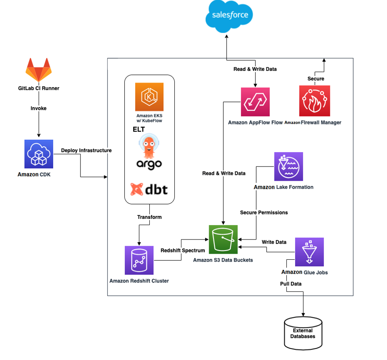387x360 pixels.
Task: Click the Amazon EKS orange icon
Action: tap(149, 96)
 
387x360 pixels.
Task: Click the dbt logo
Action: tap(149, 190)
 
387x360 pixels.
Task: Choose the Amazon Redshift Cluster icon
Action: tap(139, 260)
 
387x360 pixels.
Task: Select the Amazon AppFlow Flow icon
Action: tap(255, 102)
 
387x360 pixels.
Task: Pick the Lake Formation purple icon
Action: tap(289, 167)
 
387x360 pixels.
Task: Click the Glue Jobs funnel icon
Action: tap(309, 252)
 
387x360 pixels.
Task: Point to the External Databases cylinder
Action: tap(303, 333)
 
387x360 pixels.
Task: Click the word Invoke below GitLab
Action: tap(39, 108)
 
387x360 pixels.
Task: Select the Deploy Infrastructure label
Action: tap(86, 150)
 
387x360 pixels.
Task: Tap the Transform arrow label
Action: tap(149, 217)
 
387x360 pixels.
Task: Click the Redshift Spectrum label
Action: tap(183, 251)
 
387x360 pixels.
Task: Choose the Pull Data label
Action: tap(291, 284)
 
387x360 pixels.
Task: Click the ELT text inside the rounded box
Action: tap(139, 130)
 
